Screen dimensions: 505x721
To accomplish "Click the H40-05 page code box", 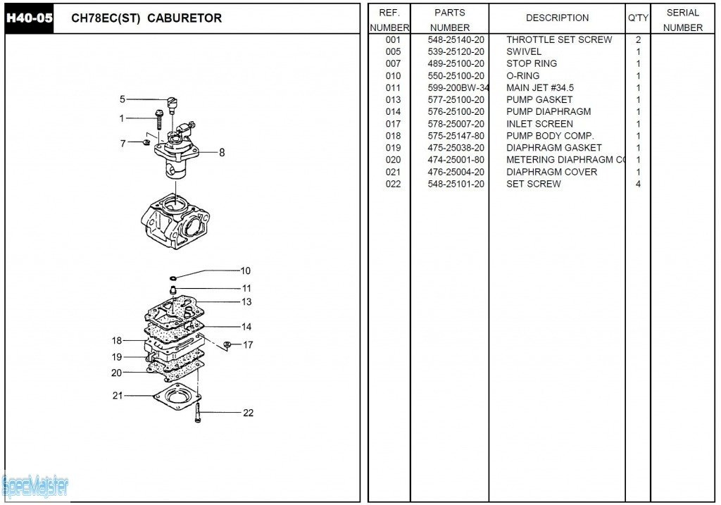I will [29, 18].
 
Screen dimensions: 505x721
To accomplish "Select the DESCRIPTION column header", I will [557, 18].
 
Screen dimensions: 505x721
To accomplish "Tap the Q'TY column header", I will [638, 18].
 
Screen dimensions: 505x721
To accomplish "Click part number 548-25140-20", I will [456, 39].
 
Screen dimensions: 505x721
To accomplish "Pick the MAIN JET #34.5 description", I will [540, 87].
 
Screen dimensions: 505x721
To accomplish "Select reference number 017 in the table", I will [393, 123].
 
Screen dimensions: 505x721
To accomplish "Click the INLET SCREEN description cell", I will [539, 123].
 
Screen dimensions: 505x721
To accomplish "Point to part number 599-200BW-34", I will [458, 87].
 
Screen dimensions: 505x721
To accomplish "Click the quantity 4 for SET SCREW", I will [638, 184].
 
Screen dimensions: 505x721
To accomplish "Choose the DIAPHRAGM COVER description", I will [551, 172].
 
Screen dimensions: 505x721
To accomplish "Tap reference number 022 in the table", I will [393, 184].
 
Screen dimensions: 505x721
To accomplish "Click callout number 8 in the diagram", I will [222, 151].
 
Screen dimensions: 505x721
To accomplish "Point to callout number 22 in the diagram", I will [248, 413].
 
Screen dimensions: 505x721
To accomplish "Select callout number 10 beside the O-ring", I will [245, 270].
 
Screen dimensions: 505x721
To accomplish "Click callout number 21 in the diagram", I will [118, 395].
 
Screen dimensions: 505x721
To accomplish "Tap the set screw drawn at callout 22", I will [198, 412].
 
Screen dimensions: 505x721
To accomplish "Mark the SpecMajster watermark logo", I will [35, 485].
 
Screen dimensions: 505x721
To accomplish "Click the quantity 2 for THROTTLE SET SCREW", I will [638, 39].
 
